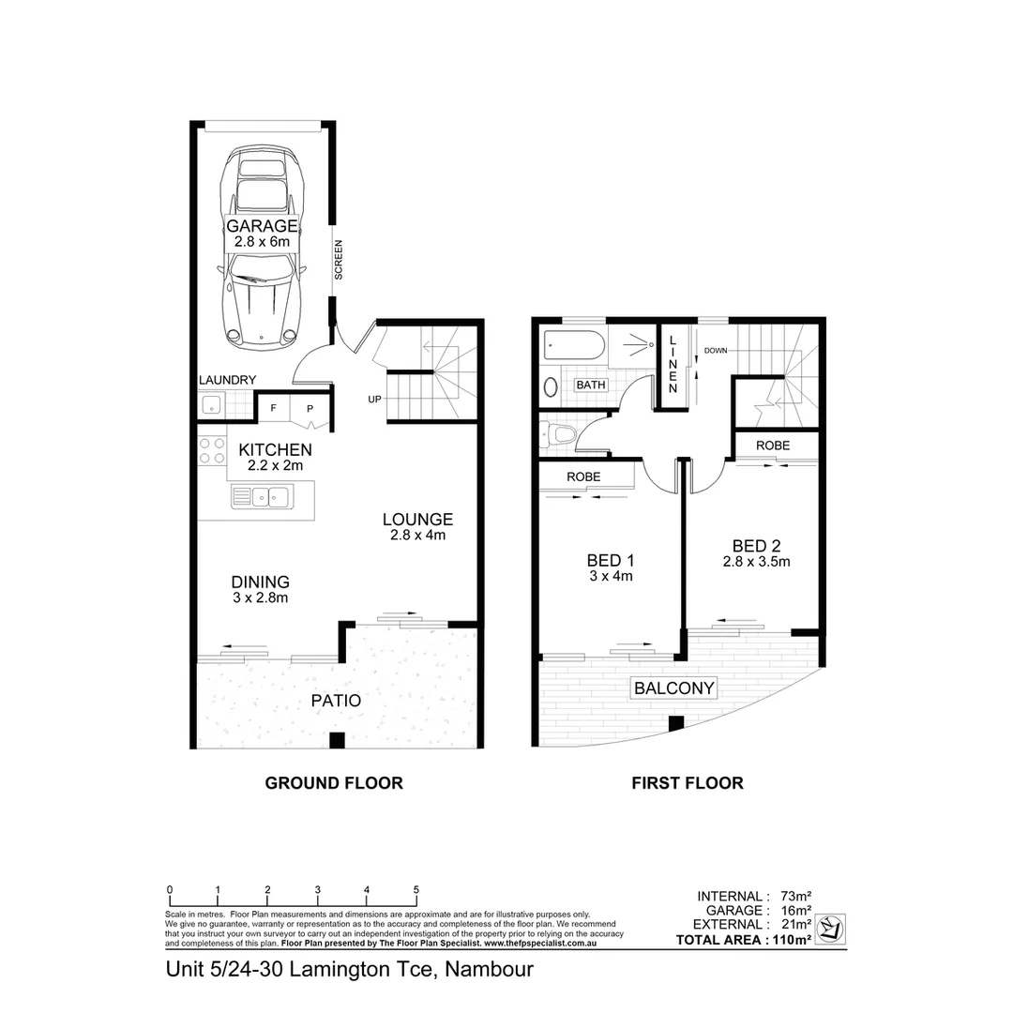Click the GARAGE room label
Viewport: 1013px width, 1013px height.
point(262,226)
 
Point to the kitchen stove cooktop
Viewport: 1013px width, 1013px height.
point(212,451)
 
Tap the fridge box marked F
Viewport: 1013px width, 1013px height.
point(274,409)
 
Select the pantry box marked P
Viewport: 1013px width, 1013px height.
point(309,409)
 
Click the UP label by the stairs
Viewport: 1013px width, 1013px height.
point(374,400)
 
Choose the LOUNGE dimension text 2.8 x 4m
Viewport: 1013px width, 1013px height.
point(417,537)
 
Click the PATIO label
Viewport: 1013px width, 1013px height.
point(336,700)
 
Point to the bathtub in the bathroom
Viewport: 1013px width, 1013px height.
point(574,349)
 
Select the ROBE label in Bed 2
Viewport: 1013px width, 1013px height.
point(773,445)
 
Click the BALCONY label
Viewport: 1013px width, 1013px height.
point(674,688)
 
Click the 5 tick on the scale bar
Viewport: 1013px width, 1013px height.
point(416,889)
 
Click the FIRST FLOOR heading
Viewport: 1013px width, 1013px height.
point(687,783)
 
